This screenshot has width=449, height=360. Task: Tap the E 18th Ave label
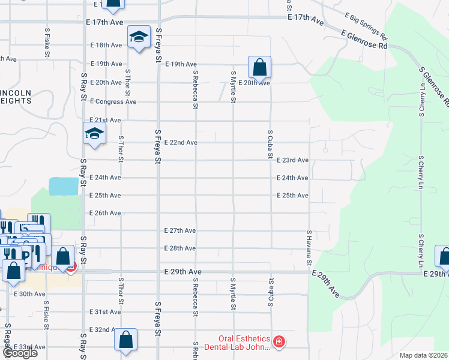tap(106, 45)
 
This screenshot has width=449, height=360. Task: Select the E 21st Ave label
tap(105, 120)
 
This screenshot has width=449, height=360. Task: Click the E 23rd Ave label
tap(293, 160)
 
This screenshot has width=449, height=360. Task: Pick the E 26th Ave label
tap(105, 213)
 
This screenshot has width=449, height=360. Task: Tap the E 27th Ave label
tap(181, 230)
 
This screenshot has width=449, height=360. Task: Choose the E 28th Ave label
tap(181, 248)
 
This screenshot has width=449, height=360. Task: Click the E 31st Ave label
tap(105, 312)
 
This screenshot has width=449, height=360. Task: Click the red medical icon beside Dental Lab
tap(279, 342)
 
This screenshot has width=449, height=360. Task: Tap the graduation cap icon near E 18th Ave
tap(138, 38)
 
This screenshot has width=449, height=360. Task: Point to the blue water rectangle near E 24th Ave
tap(64, 185)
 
